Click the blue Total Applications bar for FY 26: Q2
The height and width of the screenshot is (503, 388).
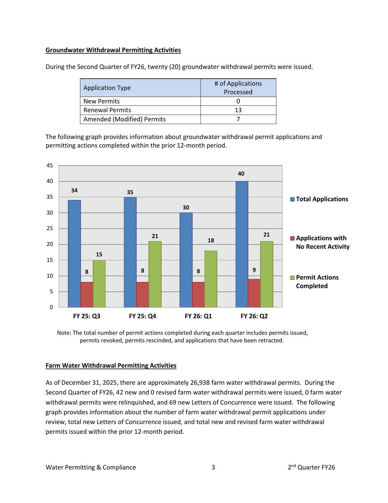click(242, 244)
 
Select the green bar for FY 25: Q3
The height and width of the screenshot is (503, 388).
click(99, 284)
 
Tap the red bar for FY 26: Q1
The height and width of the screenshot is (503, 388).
click(198, 294)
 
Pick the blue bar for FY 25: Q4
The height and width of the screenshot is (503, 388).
click(130, 252)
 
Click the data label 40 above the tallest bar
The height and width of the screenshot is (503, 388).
click(241, 174)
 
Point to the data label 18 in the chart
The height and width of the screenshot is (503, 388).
click(211, 241)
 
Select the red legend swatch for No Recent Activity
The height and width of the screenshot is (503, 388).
click(292, 238)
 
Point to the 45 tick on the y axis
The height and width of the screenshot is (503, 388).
click(50, 166)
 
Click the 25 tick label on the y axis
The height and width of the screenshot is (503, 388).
click(50, 228)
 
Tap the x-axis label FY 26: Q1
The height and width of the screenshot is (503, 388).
click(198, 316)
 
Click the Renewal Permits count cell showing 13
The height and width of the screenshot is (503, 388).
click(238, 110)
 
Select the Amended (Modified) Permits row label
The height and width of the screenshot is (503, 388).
click(124, 119)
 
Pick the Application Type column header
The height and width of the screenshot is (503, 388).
click(107, 88)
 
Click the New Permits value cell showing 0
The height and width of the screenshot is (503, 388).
click(238, 101)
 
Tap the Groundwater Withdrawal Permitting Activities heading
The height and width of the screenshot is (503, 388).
click(113, 50)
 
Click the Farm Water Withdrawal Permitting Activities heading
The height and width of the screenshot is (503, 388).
click(111, 366)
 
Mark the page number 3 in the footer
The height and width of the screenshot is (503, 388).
click(213, 467)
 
